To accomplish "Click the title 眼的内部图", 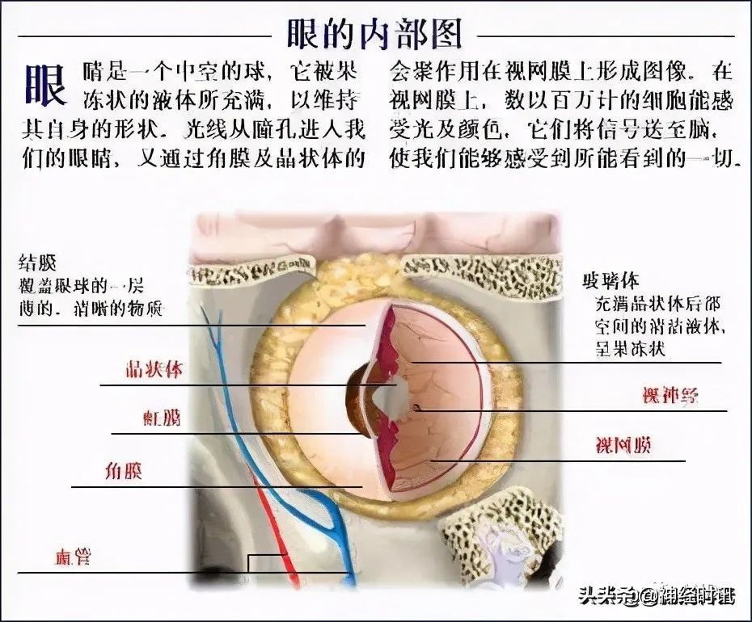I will pos(374,34).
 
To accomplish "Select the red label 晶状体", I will pos(153,371).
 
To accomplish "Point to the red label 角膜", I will pos(124,471).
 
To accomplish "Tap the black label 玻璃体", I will pos(610,281).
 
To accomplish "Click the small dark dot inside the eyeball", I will pos(416,408).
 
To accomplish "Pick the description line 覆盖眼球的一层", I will pos(81,286).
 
